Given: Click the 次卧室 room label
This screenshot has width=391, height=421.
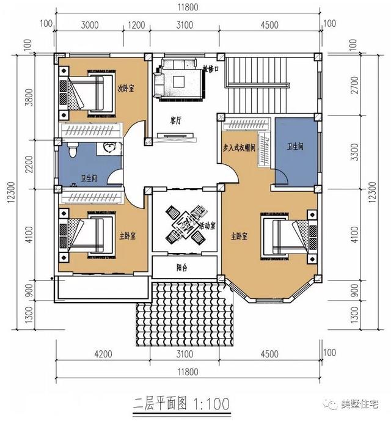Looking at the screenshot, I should pos(126,88).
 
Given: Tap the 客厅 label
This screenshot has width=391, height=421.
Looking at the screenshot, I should pos(177,120).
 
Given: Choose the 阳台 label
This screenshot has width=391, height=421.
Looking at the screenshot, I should pos(181,267).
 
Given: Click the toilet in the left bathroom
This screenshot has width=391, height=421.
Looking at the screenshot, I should pos(71,150).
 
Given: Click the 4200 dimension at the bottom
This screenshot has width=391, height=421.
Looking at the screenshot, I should pos(104,353).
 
